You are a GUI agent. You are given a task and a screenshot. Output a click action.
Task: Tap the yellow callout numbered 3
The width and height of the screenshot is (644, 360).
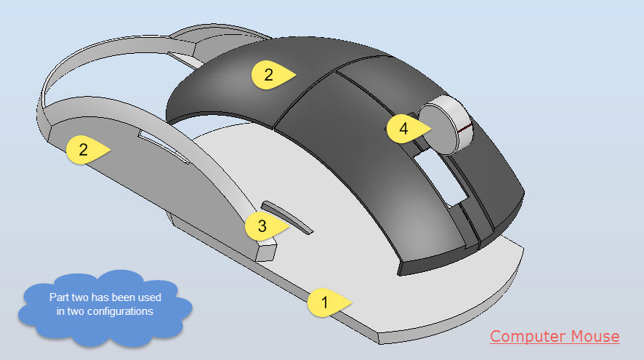click(x=265, y=225)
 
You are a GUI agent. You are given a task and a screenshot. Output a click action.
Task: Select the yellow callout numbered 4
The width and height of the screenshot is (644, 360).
click(x=406, y=129)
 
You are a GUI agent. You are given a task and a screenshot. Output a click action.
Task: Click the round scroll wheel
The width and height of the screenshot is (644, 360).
click(x=446, y=125)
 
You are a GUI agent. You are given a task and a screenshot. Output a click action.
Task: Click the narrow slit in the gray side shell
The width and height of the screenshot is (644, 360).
click(x=164, y=147)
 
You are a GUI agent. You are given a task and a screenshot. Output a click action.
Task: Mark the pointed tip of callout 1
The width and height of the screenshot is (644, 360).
click(x=353, y=303)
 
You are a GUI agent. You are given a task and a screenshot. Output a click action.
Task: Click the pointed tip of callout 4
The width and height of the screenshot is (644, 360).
click(x=432, y=129)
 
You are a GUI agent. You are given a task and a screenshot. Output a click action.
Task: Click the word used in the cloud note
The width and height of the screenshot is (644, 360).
click(x=149, y=297)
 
